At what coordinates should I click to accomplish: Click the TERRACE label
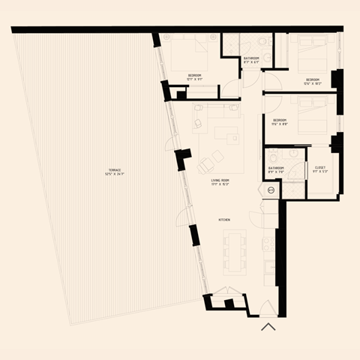[115, 170]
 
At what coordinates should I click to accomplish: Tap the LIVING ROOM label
[220, 180]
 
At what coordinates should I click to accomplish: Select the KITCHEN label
[223, 219]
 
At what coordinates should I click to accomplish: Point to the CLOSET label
[319, 167]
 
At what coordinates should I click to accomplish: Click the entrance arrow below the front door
[268, 326]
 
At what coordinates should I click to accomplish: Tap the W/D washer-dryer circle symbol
[271, 190]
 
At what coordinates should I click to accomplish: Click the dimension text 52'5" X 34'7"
[115, 175]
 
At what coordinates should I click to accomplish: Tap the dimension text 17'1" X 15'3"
[220, 184]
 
